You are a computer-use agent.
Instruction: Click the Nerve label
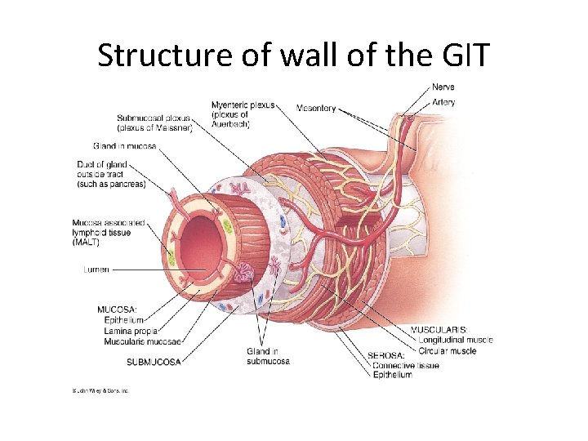click(x=443, y=87)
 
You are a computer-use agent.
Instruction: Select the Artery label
click(x=444, y=102)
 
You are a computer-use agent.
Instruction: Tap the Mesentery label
click(x=316, y=108)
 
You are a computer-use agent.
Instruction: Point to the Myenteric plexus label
click(x=243, y=105)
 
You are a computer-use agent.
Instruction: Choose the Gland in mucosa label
click(x=124, y=145)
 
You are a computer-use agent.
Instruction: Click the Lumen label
click(x=96, y=269)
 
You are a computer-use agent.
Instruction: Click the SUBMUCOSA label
click(x=154, y=361)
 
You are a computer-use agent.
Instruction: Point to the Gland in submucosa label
click(x=268, y=356)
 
